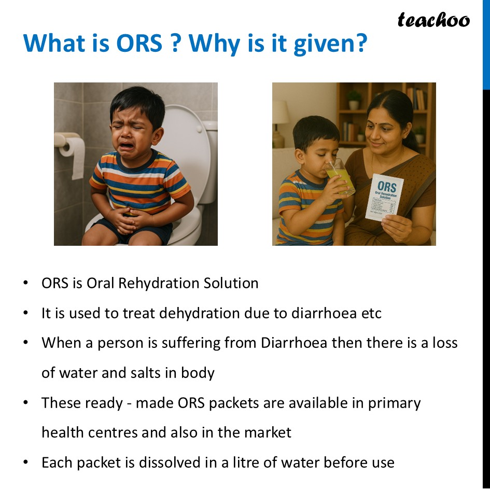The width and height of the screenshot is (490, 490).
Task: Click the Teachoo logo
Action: pyautogui.click(x=433, y=20)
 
